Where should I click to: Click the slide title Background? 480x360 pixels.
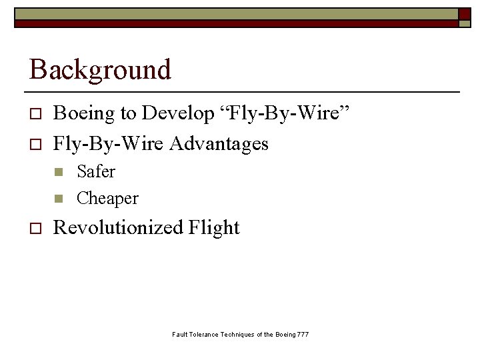(x=100, y=69)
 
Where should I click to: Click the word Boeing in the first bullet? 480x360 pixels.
(x=85, y=114)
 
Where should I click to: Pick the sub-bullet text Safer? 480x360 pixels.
(x=96, y=171)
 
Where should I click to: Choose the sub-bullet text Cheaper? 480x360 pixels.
(x=107, y=198)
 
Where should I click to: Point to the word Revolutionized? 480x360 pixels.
(x=117, y=227)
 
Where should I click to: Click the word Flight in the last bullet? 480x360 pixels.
(x=214, y=227)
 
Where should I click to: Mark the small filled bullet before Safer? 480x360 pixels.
(x=59, y=173)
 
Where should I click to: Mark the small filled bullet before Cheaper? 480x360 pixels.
(x=59, y=199)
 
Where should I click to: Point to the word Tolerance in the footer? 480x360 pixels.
(x=205, y=334)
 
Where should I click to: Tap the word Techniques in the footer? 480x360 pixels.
(x=238, y=334)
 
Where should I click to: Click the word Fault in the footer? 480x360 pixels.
(x=180, y=334)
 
